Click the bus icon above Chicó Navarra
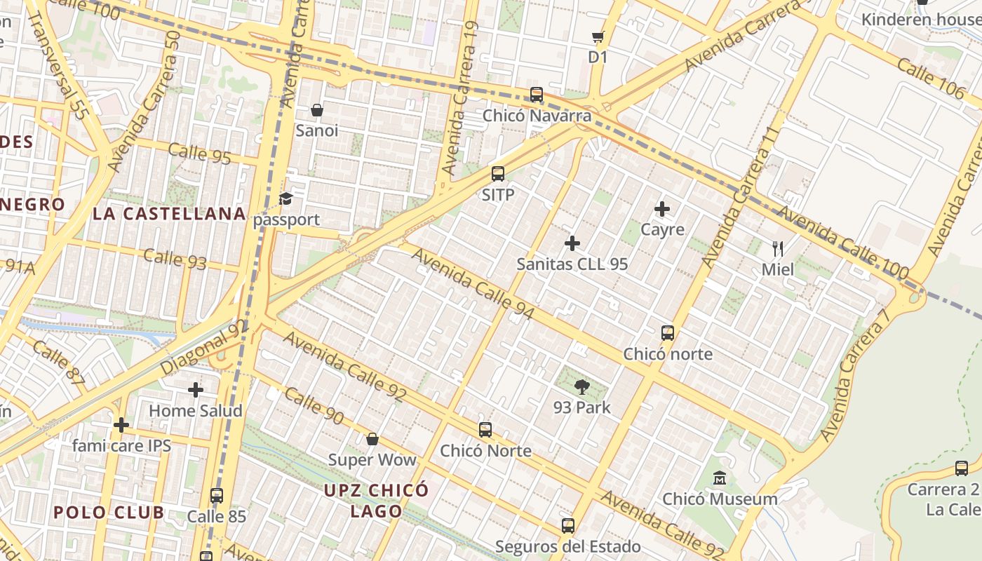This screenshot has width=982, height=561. click(x=537, y=95)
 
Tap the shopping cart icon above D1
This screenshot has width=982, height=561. click(x=598, y=36)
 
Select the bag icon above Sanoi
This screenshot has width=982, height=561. click(x=317, y=110)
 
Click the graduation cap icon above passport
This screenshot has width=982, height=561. click(x=285, y=199)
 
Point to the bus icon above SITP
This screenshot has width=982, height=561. click(x=498, y=174)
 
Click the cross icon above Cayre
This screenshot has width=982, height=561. click(x=662, y=209)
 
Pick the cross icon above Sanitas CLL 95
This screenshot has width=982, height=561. click(x=572, y=243)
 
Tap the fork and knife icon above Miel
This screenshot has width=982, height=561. click(x=777, y=249)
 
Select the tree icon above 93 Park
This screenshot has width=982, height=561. click(x=582, y=386)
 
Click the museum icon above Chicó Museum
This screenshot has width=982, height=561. click(x=720, y=478)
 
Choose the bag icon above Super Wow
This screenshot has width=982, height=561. click(x=372, y=439)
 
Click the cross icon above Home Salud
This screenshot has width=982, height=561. click(x=196, y=389)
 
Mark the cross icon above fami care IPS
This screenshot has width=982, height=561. click(x=121, y=424)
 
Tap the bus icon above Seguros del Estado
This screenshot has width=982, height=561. click(x=568, y=525)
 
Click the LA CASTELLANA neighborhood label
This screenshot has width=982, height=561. click(x=169, y=214)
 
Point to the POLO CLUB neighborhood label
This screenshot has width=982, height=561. click(x=109, y=512)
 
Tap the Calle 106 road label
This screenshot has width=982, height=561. click(x=931, y=79)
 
